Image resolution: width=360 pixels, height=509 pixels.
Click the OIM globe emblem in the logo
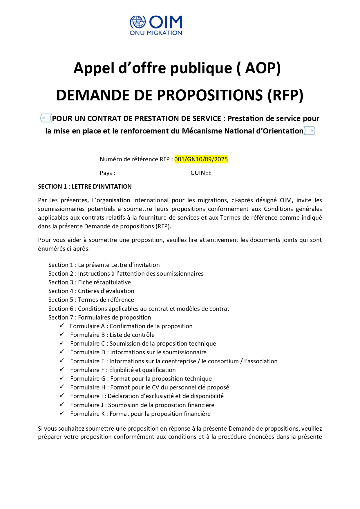tap(138, 22)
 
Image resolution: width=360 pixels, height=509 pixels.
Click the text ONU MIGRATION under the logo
tap(156, 33)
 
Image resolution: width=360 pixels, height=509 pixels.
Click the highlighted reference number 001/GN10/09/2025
tap(201, 159)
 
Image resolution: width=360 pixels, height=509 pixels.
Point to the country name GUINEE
tap(201, 173)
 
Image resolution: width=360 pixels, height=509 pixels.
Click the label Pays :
tap(107, 173)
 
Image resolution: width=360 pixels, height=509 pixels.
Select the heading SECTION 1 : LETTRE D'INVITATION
tap(85, 187)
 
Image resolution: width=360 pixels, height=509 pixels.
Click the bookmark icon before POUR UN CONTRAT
tap(46, 118)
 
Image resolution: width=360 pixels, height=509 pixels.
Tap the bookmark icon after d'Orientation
tap(310, 131)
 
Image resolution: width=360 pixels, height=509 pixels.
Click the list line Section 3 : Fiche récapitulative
tap(89, 282)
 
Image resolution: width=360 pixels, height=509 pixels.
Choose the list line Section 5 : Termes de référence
tap(91, 300)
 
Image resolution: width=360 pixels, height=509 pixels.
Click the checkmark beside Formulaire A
tap(62, 326)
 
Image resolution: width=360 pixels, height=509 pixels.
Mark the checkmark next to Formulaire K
tap(62, 413)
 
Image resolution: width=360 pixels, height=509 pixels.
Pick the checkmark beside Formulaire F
tap(62, 369)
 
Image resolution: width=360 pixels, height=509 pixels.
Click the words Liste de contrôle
tap(132, 335)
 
